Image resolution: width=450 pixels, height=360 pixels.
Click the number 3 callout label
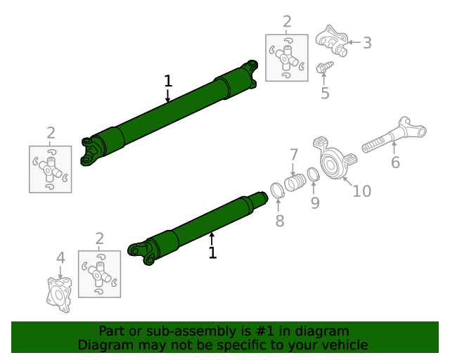tap(367, 43)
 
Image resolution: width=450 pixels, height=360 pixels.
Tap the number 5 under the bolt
tap(325, 94)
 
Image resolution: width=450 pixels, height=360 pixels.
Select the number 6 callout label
tap(395, 162)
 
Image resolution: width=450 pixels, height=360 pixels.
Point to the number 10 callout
tap(361, 191)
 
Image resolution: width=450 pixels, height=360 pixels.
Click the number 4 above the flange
tap(60, 257)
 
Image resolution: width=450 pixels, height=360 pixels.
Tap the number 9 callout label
tap(315, 202)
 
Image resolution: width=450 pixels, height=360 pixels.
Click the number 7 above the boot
tap(294, 154)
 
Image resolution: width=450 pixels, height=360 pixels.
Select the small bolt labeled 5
tap(325, 67)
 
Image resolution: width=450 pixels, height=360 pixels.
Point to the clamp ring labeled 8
tap(278, 189)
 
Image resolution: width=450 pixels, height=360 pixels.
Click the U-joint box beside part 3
tap(286, 57)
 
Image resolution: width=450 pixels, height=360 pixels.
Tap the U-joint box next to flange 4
tap(99, 273)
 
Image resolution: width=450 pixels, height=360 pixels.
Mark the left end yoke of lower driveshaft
tap(141, 251)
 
